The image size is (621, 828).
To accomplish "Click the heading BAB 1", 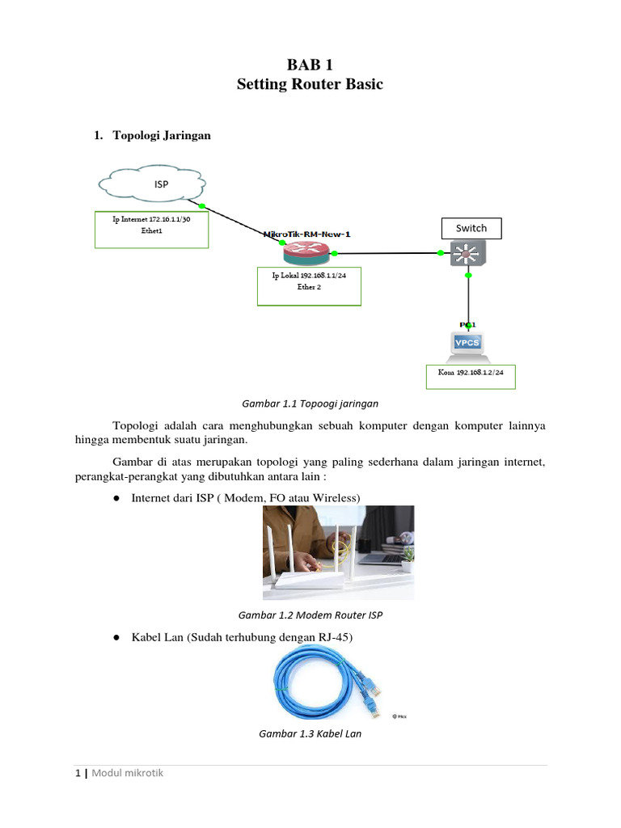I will (310, 65).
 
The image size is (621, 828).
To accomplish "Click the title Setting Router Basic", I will (310, 84).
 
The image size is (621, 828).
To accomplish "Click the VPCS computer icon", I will (468, 343).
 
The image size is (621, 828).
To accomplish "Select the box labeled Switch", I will (471, 228).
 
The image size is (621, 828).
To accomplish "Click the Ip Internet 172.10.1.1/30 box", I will (151, 230).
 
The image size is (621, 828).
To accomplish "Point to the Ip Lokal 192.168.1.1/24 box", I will (308, 287).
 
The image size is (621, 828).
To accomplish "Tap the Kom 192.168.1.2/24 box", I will (471, 376).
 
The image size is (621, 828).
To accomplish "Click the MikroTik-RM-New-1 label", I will (307, 234).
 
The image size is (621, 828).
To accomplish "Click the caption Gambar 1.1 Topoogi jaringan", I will (310, 402).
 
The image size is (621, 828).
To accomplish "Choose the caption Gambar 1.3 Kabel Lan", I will (310, 733).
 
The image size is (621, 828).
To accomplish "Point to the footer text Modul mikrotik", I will (127, 773).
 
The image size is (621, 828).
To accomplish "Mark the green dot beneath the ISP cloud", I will (201, 205).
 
